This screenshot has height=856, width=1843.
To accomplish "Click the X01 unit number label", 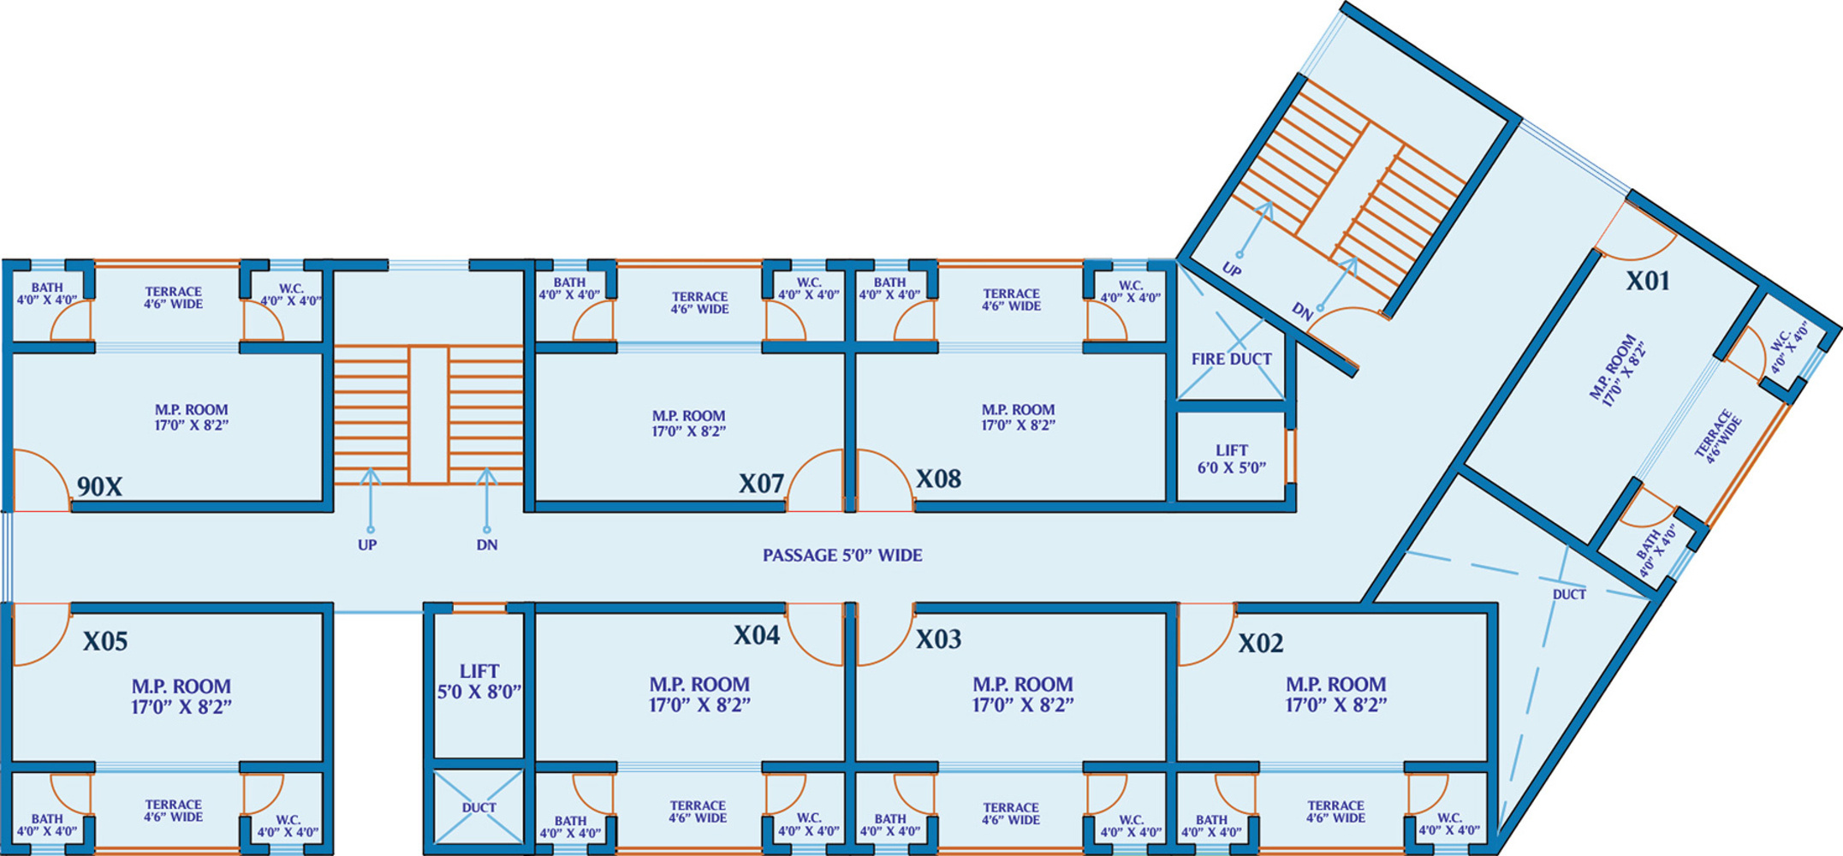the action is pyautogui.click(x=1648, y=281).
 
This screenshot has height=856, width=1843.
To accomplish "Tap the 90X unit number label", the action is pyautogui.click(x=99, y=487).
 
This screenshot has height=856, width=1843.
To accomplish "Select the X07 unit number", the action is pyautogui.click(x=761, y=484).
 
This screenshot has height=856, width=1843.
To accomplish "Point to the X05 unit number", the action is pyautogui.click(x=105, y=641).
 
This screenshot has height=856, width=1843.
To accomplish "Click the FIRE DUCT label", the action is pyautogui.click(x=1231, y=360).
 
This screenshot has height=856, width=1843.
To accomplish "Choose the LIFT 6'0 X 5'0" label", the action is pyautogui.click(x=1232, y=459).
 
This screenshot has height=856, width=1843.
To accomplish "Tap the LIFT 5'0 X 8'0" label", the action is pyautogui.click(x=479, y=681).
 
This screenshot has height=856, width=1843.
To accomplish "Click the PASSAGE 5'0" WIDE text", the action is pyautogui.click(x=842, y=556).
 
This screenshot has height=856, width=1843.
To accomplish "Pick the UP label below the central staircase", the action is pyautogui.click(x=367, y=545).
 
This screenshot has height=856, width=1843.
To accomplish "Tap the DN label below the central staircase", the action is pyautogui.click(x=487, y=545).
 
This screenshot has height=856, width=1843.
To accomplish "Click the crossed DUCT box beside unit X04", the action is pyautogui.click(x=479, y=806).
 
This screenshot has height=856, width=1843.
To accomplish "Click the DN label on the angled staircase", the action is pyautogui.click(x=1302, y=312).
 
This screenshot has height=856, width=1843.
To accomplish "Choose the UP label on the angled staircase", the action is pyautogui.click(x=1231, y=270).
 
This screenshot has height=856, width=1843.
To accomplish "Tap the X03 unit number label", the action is pyautogui.click(x=938, y=639).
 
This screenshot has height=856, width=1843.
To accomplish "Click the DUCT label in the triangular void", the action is pyautogui.click(x=1569, y=594).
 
